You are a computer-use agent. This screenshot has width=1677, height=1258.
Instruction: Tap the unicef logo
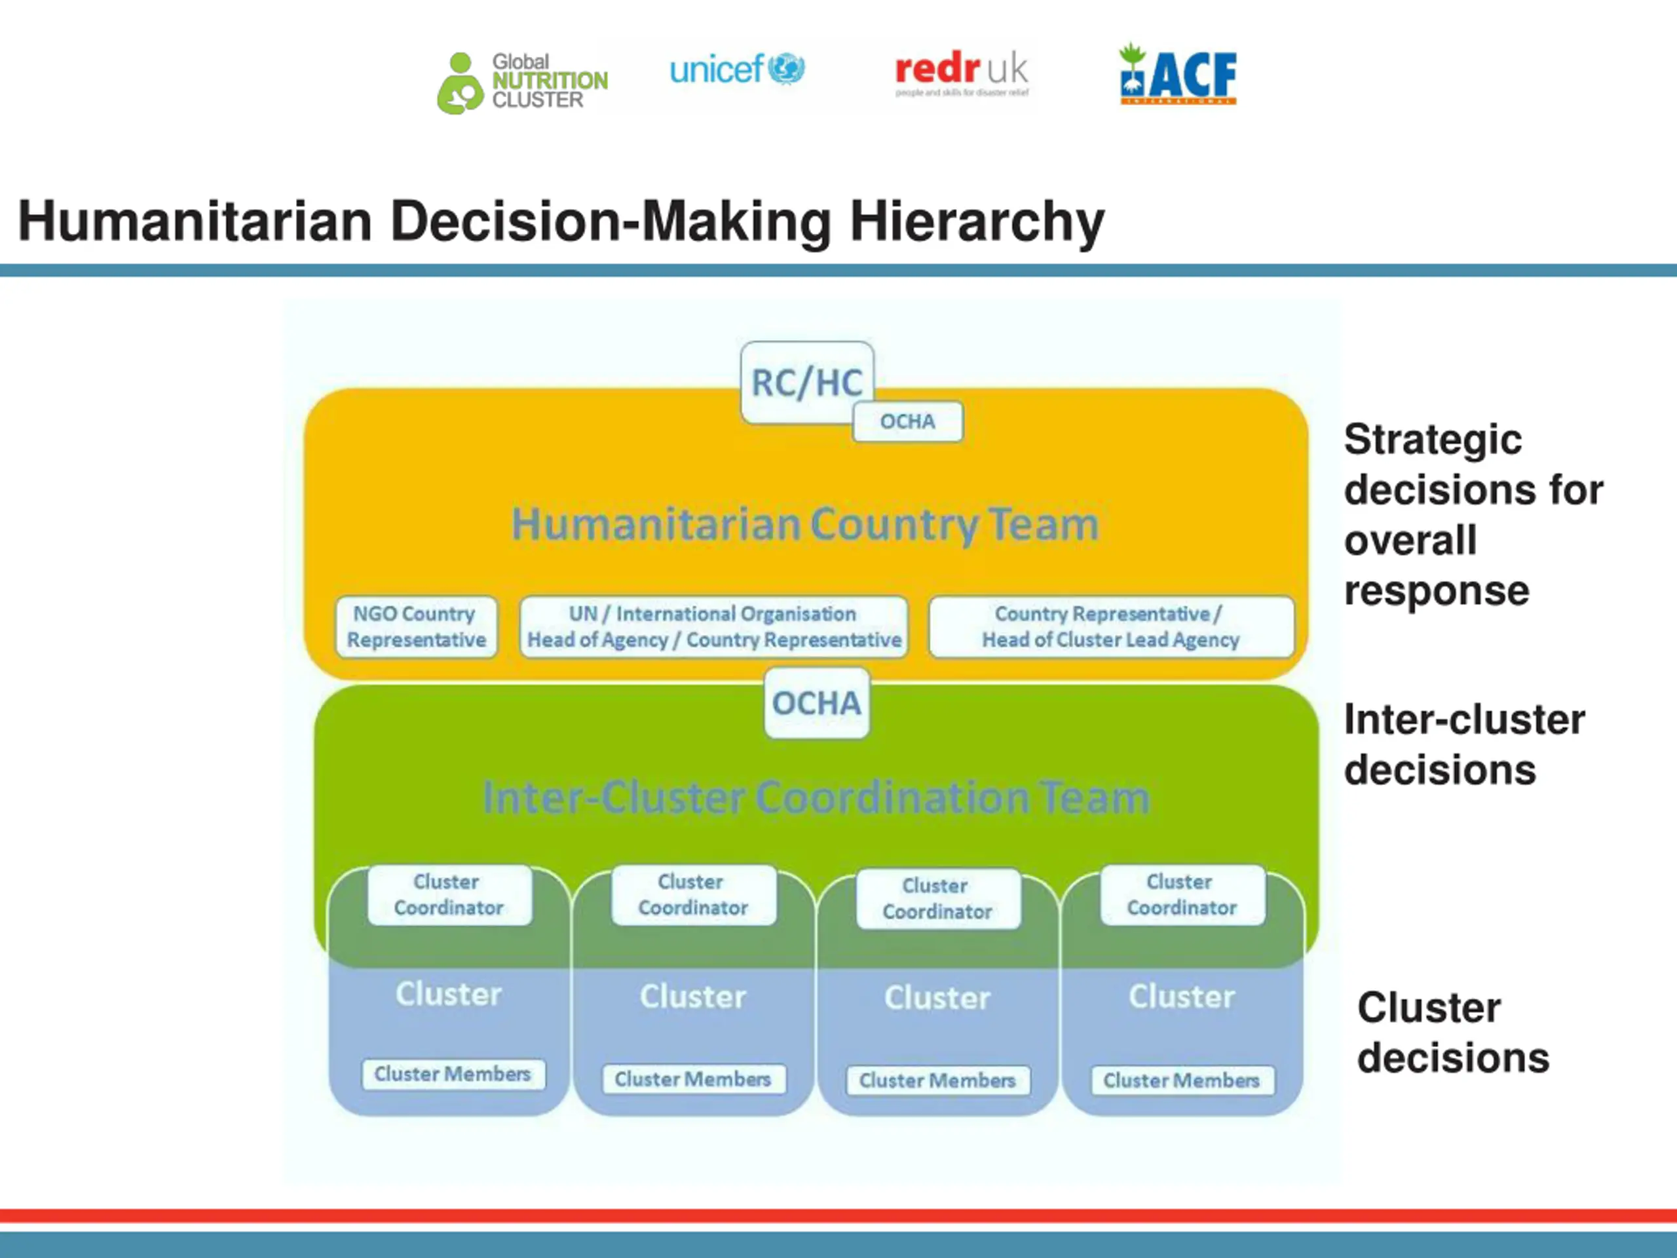click(736, 69)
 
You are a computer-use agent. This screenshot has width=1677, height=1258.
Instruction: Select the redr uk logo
click(961, 73)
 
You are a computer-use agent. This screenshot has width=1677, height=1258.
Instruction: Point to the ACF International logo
click(1177, 74)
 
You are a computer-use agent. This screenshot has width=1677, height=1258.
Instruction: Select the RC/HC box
click(806, 382)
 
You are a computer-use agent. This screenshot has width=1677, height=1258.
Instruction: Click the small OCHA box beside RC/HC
click(907, 421)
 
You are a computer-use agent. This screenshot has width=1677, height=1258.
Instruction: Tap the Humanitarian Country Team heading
click(805, 525)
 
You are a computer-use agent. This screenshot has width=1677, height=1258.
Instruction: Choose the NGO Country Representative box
click(416, 626)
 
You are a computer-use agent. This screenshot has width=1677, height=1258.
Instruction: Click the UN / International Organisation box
click(713, 626)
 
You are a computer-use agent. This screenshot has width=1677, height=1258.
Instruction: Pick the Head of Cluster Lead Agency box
click(1110, 626)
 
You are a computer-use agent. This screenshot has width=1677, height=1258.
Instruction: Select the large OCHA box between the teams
click(816, 703)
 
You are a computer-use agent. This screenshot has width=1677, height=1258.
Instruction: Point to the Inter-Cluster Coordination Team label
click(816, 798)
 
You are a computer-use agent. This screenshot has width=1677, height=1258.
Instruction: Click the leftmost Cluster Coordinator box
click(449, 895)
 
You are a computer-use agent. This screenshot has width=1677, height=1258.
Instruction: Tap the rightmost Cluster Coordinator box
click(1182, 895)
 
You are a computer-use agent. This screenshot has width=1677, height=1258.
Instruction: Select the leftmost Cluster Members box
click(453, 1075)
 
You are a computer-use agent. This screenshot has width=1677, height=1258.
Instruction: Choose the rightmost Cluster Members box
click(1182, 1080)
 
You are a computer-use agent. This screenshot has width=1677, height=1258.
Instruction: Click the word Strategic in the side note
click(1432, 440)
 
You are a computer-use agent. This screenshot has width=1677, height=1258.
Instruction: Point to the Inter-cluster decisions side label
click(1463, 744)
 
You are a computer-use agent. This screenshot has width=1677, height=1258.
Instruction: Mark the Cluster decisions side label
click(1452, 1033)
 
